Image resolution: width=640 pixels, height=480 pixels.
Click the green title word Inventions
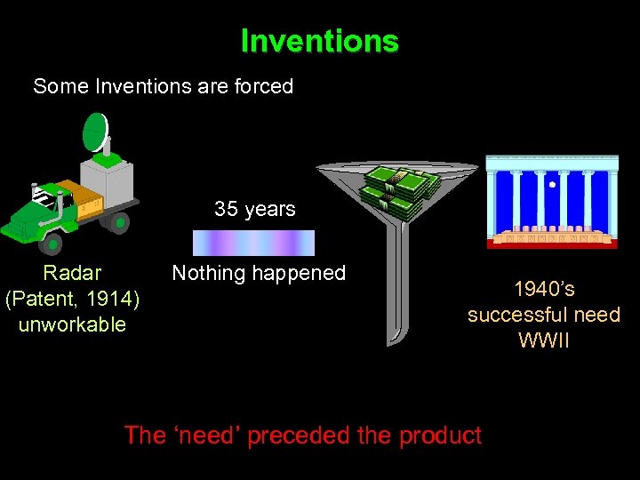tap(319, 41)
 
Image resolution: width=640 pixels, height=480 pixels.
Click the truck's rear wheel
tap(118, 221)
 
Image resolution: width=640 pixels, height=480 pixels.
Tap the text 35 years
tap(254, 209)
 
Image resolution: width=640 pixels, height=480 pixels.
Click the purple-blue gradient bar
tap(254, 243)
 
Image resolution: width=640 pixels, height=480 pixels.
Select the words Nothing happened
tap(258, 273)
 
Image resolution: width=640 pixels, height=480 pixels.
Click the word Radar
tap(72, 273)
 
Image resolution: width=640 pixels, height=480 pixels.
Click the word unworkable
tap(72, 324)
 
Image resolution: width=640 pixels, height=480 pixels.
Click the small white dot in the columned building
tap(552, 185)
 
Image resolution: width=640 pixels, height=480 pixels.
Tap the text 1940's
tap(544, 289)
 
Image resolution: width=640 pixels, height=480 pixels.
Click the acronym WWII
tap(544, 340)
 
